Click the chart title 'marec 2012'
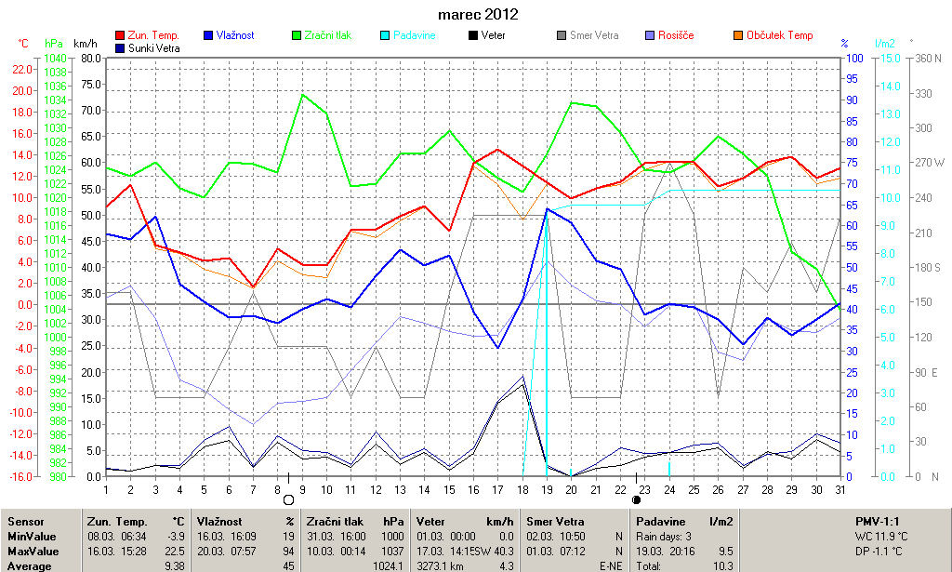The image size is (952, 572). pyautogui.click(x=478, y=15)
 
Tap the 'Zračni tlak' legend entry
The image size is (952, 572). pyautogui.click(x=329, y=35)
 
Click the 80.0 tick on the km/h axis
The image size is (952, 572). pyautogui.click(x=90, y=58)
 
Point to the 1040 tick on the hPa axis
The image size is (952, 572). pyautogui.click(x=55, y=58)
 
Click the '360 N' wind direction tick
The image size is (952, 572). pyautogui.click(x=928, y=58)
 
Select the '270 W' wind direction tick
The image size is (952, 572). pyautogui.click(x=928, y=162)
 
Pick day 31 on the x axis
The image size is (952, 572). pyautogui.click(x=840, y=490)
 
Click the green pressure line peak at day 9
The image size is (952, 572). pyautogui.click(x=302, y=94)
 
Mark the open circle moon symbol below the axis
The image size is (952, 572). pyautogui.click(x=288, y=499)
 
